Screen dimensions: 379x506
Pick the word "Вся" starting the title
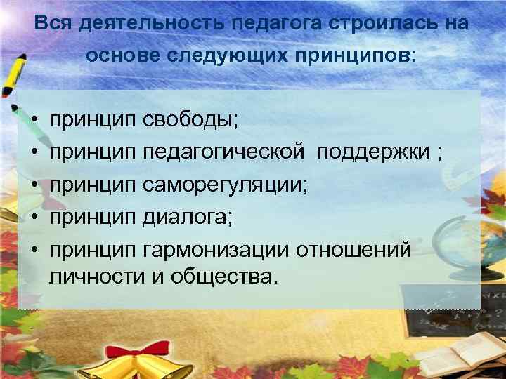click(x=52, y=23)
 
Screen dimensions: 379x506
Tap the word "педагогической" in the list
click(x=224, y=151)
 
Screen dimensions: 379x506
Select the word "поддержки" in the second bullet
click(x=372, y=151)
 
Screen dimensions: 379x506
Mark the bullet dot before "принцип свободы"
click(x=34, y=120)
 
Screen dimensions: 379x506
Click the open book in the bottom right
click(x=464, y=351)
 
